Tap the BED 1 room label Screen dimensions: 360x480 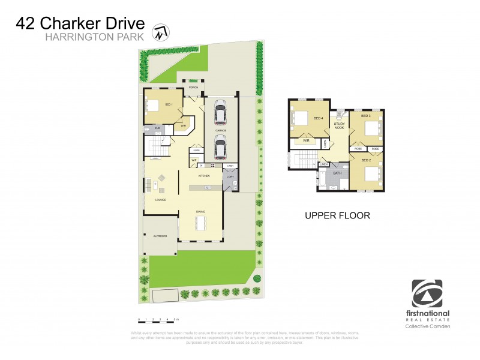pyautogui.click(x=169, y=106)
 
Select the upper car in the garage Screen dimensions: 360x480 pyautogui.click(x=220, y=113)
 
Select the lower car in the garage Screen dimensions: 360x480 pyautogui.click(x=220, y=145)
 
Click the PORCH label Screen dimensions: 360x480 pyautogui.click(x=193, y=88)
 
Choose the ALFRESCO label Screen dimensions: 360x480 pyautogui.click(x=159, y=236)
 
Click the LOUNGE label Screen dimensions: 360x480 pyautogui.click(x=160, y=200)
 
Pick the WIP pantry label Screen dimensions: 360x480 pyautogui.click(x=194, y=160)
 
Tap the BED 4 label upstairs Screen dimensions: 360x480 pyautogui.click(x=318, y=118)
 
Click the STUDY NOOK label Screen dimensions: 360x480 pyautogui.click(x=339, y=125)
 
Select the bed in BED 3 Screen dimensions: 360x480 pyautogui.click(x=372, y=128)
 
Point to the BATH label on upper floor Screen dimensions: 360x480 pyautogui.click(x=337, y=173)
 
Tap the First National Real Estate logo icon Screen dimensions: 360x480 pyautogui.click(x=427, y=293)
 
